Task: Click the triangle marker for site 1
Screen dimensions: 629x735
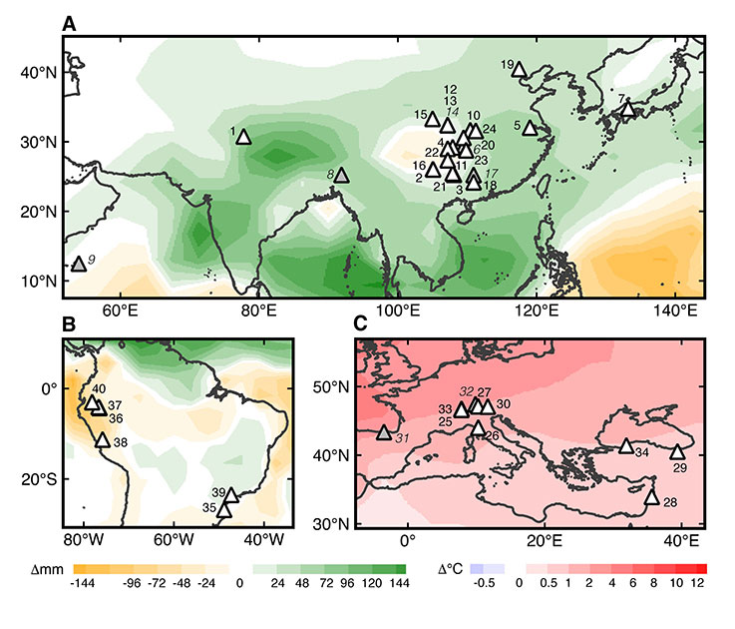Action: click(x=243, y=137)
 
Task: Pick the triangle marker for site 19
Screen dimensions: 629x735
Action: click(x=519, y=69)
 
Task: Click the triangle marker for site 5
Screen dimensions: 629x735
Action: click(x=530, y=129)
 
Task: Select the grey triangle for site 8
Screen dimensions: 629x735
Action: click(x=341, y=175)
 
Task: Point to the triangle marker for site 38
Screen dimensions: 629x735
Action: click(x=102, y=439)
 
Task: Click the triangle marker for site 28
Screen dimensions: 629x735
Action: click(x=651, y=497)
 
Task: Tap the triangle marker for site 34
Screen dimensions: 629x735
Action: click(x=626, y=445)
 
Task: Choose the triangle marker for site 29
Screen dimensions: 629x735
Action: click(x=677, y=452)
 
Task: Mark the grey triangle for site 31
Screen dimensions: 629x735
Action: click(x=384, y=432)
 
